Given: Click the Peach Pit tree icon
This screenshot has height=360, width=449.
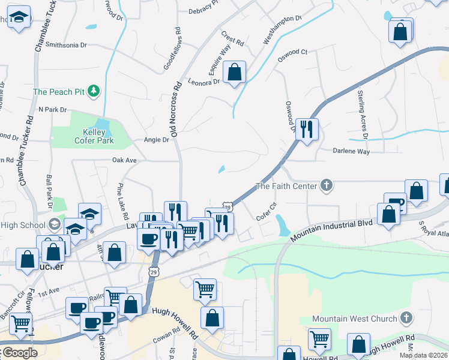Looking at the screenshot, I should [93, 91].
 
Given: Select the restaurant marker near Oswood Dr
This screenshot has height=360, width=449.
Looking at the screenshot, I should [307, 128].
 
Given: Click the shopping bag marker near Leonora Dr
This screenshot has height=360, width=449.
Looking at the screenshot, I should [235, 73].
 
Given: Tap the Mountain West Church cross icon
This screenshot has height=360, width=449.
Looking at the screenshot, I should [406, 318].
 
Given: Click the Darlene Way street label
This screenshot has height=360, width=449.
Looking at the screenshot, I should [352, 152].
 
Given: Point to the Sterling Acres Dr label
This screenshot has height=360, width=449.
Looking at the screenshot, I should [362, 110].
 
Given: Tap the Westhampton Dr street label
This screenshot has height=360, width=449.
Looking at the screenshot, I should [282, 29].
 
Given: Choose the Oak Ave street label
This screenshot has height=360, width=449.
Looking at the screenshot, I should [125, 160].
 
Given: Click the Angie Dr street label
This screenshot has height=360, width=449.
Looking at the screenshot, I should [157, 140].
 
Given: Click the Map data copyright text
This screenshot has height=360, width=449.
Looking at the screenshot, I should [423, 355].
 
